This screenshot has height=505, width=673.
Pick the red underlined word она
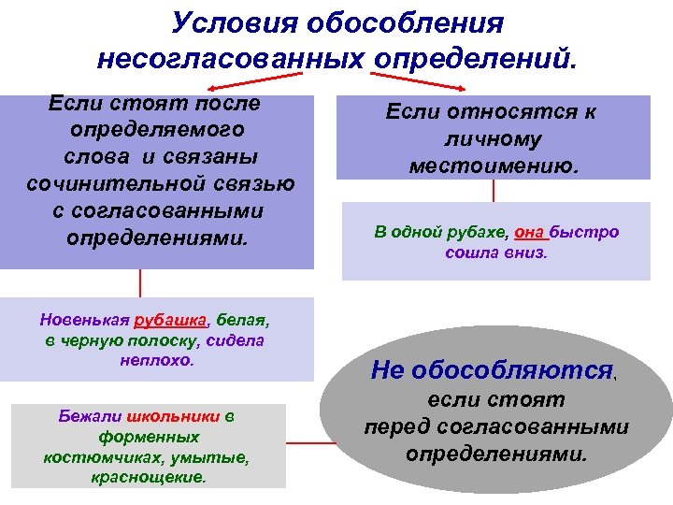(x=530, y=232)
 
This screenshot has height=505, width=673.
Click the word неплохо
(x=155, y=360)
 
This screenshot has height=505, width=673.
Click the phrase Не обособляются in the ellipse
(x=492, y=370)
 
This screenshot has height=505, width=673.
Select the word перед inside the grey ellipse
(x=391, y=427)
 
